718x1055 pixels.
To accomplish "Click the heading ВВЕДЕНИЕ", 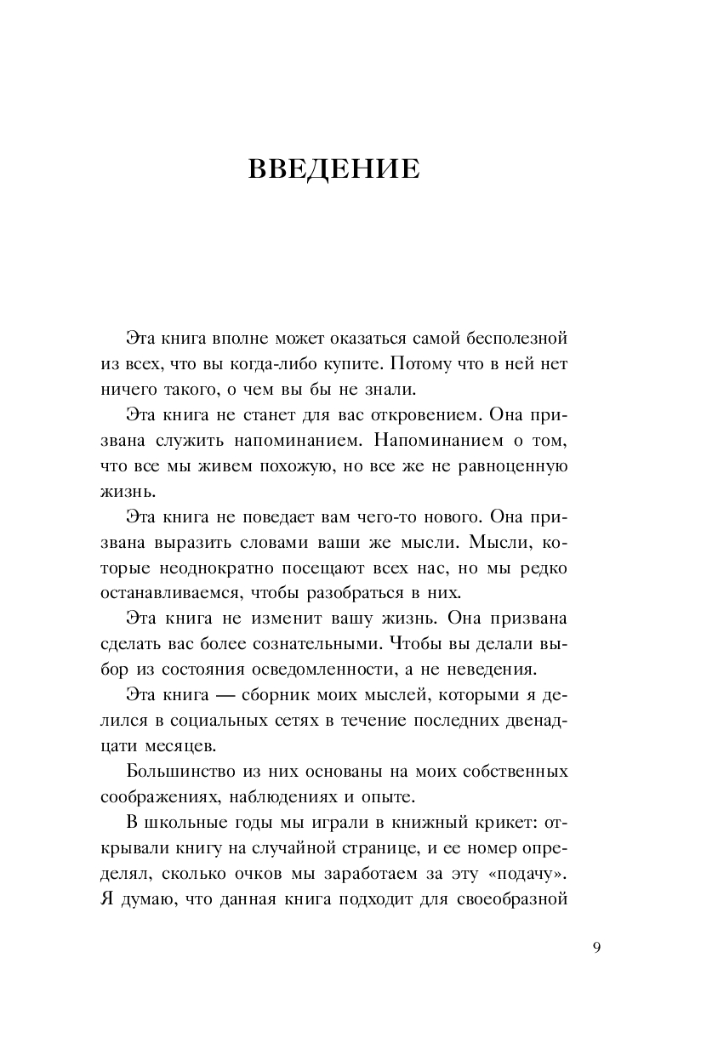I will tap(333, 168).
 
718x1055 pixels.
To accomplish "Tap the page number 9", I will tap(596, 948).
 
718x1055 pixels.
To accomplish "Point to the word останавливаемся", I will tap(174, 593).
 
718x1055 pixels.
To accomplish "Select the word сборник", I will tap(284, 695).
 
